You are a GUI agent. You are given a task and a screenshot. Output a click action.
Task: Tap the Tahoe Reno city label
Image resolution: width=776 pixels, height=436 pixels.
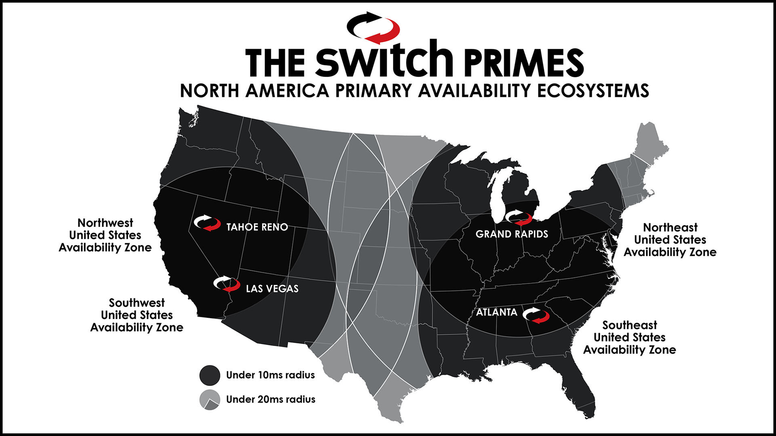coord(257,227)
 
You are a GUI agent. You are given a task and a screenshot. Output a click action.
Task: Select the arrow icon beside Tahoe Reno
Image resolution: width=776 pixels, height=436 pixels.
coord(207,223)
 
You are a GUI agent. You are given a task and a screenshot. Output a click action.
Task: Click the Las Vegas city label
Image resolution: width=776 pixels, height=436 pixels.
coord(272,289)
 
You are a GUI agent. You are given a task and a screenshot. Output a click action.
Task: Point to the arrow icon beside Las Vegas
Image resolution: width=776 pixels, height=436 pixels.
coord(227,284)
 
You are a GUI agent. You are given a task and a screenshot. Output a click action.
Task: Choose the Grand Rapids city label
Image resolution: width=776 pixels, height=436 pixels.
coord(512,234)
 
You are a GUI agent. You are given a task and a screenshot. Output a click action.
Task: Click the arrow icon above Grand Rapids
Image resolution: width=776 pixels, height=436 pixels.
coord(519,218)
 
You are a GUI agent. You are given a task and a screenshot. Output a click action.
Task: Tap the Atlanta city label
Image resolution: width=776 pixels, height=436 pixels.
coord(496,312)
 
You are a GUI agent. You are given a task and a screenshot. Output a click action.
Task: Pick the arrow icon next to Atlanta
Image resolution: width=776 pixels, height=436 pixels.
coord(536,316)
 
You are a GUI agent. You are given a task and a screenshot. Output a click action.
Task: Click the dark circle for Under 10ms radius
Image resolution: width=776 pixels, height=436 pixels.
coord(210,375)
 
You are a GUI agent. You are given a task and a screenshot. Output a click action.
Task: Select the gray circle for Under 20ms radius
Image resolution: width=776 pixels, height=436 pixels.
coord(210,400)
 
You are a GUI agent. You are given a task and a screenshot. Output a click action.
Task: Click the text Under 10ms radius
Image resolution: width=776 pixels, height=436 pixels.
coord(270,375)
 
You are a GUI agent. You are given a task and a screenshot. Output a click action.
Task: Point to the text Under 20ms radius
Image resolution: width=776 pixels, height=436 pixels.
coord(270,399)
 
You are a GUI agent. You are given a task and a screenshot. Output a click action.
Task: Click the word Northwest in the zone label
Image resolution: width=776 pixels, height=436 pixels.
coord(105,223)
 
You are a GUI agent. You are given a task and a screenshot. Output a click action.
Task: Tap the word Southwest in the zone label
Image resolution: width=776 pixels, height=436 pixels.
coord(137,303)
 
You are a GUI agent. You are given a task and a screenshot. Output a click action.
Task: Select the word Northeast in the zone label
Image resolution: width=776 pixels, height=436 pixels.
coord(670,227)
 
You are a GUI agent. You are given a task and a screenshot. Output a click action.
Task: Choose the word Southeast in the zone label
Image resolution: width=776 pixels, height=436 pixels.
coord(630,325)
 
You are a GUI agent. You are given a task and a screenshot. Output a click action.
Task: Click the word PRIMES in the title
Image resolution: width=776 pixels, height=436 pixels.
coord(524,63)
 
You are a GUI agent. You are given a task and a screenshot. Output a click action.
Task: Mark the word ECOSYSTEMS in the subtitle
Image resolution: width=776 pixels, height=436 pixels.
coord(593,90)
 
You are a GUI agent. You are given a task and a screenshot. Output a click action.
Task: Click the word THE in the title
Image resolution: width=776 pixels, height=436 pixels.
coord(275,63)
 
